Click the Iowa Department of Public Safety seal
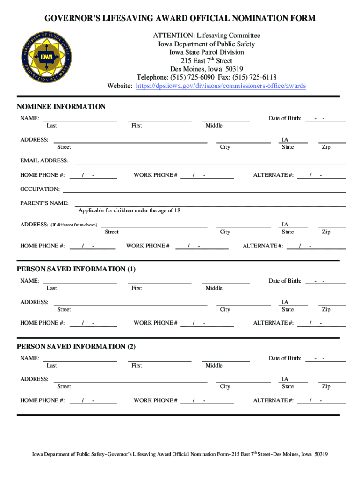(46, 58)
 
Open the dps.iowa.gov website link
(221, 86)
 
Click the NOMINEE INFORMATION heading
(61, 107)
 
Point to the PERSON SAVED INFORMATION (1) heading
(76, 269)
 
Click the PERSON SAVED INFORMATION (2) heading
(76, 347)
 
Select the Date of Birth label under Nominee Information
(285, 118)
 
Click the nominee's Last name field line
(80, 121)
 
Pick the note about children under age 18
(129, 210)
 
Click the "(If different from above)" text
(74, 225)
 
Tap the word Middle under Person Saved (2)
(214, 365)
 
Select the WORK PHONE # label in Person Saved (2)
(155, 400)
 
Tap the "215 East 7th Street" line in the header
(206, 61)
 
